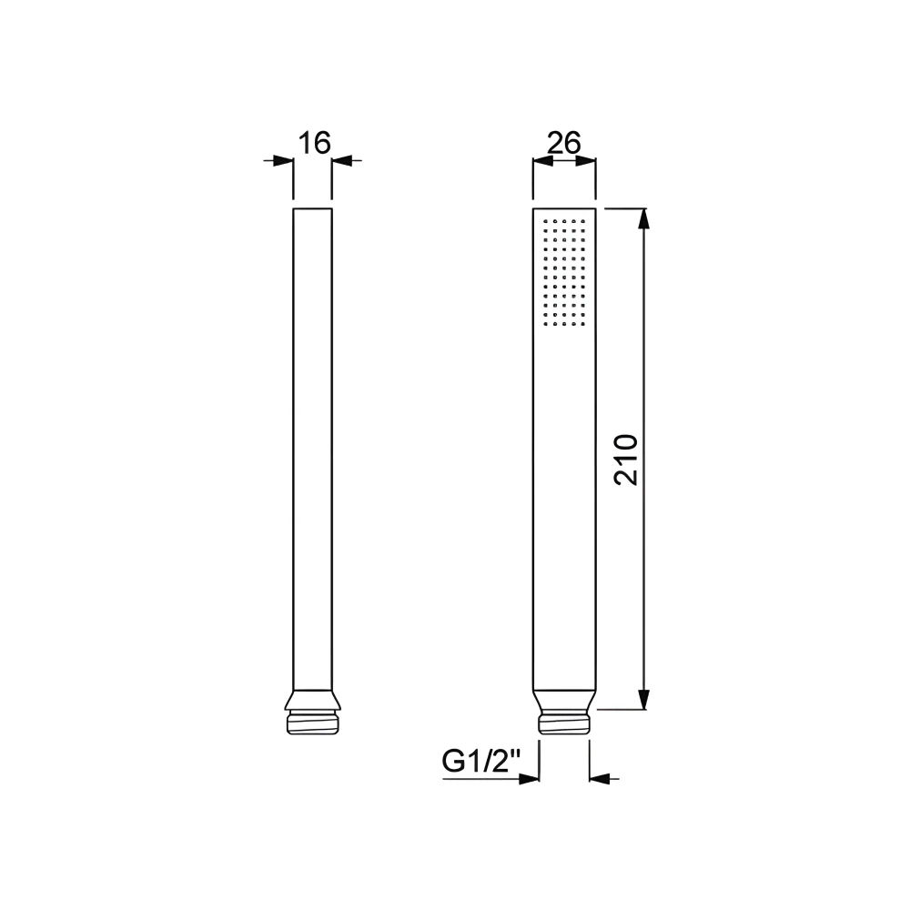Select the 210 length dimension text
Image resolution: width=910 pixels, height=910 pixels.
click(627, 460)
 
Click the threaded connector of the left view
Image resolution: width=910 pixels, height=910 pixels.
click(312, 723)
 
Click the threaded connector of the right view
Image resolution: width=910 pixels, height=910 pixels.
click(564, 723)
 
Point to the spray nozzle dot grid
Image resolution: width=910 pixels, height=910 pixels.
click(563, 272)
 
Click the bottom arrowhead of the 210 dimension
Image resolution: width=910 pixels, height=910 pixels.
click(643, 698)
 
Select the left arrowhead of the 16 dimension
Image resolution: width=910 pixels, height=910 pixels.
click(283, 161)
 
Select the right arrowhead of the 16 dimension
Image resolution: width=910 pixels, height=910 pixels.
click(341, 161)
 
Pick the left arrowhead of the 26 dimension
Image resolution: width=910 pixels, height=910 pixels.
click(542, 161)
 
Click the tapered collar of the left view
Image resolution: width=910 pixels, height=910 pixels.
click(312, 699)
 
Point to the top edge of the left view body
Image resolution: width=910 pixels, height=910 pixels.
click(312, 209)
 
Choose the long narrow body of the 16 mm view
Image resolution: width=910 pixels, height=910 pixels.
click(312, 446)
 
